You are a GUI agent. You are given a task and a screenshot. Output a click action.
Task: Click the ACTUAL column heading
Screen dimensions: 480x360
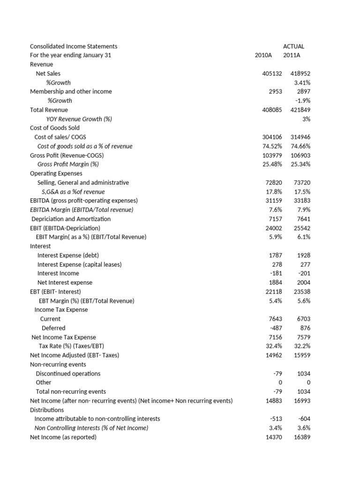click(x=293, y=46)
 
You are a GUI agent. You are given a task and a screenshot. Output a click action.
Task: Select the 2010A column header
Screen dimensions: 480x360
click(x=263, y=55)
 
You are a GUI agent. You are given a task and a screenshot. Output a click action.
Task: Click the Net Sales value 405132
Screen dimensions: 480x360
click(x=272, y=74)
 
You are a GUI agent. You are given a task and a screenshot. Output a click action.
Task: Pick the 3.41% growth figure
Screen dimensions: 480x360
click(x=302, y=82)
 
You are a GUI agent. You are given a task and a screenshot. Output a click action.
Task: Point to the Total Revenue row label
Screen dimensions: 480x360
click(x=49, y=110)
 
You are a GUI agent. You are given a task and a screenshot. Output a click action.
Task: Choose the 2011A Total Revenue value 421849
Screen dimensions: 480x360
click(x=300, y=110)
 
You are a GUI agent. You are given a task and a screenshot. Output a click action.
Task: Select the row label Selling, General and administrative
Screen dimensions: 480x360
click(x=83, y=182)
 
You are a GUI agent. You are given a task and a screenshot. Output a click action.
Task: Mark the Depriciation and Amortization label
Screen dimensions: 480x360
click(x=71, y=219)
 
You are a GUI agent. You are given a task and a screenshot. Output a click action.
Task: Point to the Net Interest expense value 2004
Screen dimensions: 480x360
click(x=303, y=283)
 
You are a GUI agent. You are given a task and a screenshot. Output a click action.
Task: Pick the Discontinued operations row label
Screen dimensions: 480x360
click(x=68, y=374)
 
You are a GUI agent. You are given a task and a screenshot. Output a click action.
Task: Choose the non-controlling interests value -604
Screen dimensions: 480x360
click(x=304, y=419)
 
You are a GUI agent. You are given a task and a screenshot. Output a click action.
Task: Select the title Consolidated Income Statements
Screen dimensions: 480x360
click(x=74, y=46)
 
